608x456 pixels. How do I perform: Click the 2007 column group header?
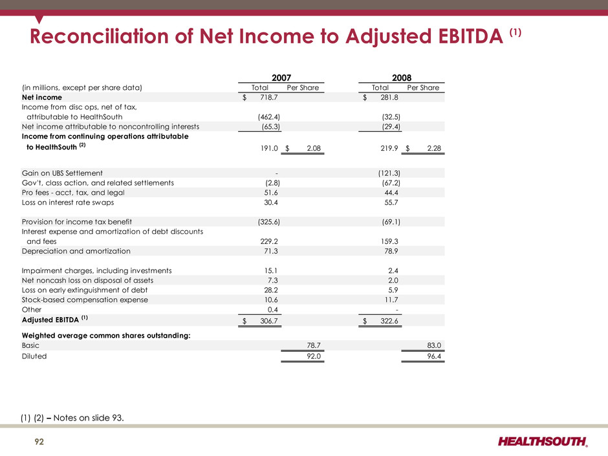click(281, 78)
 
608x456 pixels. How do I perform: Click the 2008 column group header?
click(402, 78)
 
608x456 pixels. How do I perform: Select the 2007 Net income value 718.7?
click(269, 97)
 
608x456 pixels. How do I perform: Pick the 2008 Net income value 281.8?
click(389, 97)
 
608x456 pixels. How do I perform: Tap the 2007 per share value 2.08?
click(314, 148)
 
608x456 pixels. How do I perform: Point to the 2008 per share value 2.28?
click(434, 148)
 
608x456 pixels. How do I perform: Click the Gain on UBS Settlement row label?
click(62, 173)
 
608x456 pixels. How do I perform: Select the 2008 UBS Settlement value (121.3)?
click(389, 173)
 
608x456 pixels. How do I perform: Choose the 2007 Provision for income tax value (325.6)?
click(268, 222)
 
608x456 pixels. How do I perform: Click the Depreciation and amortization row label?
click(76, 251)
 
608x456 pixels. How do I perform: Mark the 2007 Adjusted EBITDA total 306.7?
click(269, 321)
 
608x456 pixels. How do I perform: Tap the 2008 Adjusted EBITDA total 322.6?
click(389, 321)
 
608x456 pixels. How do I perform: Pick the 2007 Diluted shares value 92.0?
click(314, 356)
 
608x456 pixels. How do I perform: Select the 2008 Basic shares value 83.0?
click(434, 345)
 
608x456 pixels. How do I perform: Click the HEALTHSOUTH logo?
click(543, 441)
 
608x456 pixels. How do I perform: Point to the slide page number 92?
click(39, 442)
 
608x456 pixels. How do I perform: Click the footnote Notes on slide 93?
click(89, 418)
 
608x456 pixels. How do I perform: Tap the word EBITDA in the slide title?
click(470, 36)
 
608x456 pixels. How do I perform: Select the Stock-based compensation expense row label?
click(85, 299)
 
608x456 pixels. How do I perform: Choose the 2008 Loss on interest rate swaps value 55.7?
click(391, 202)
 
